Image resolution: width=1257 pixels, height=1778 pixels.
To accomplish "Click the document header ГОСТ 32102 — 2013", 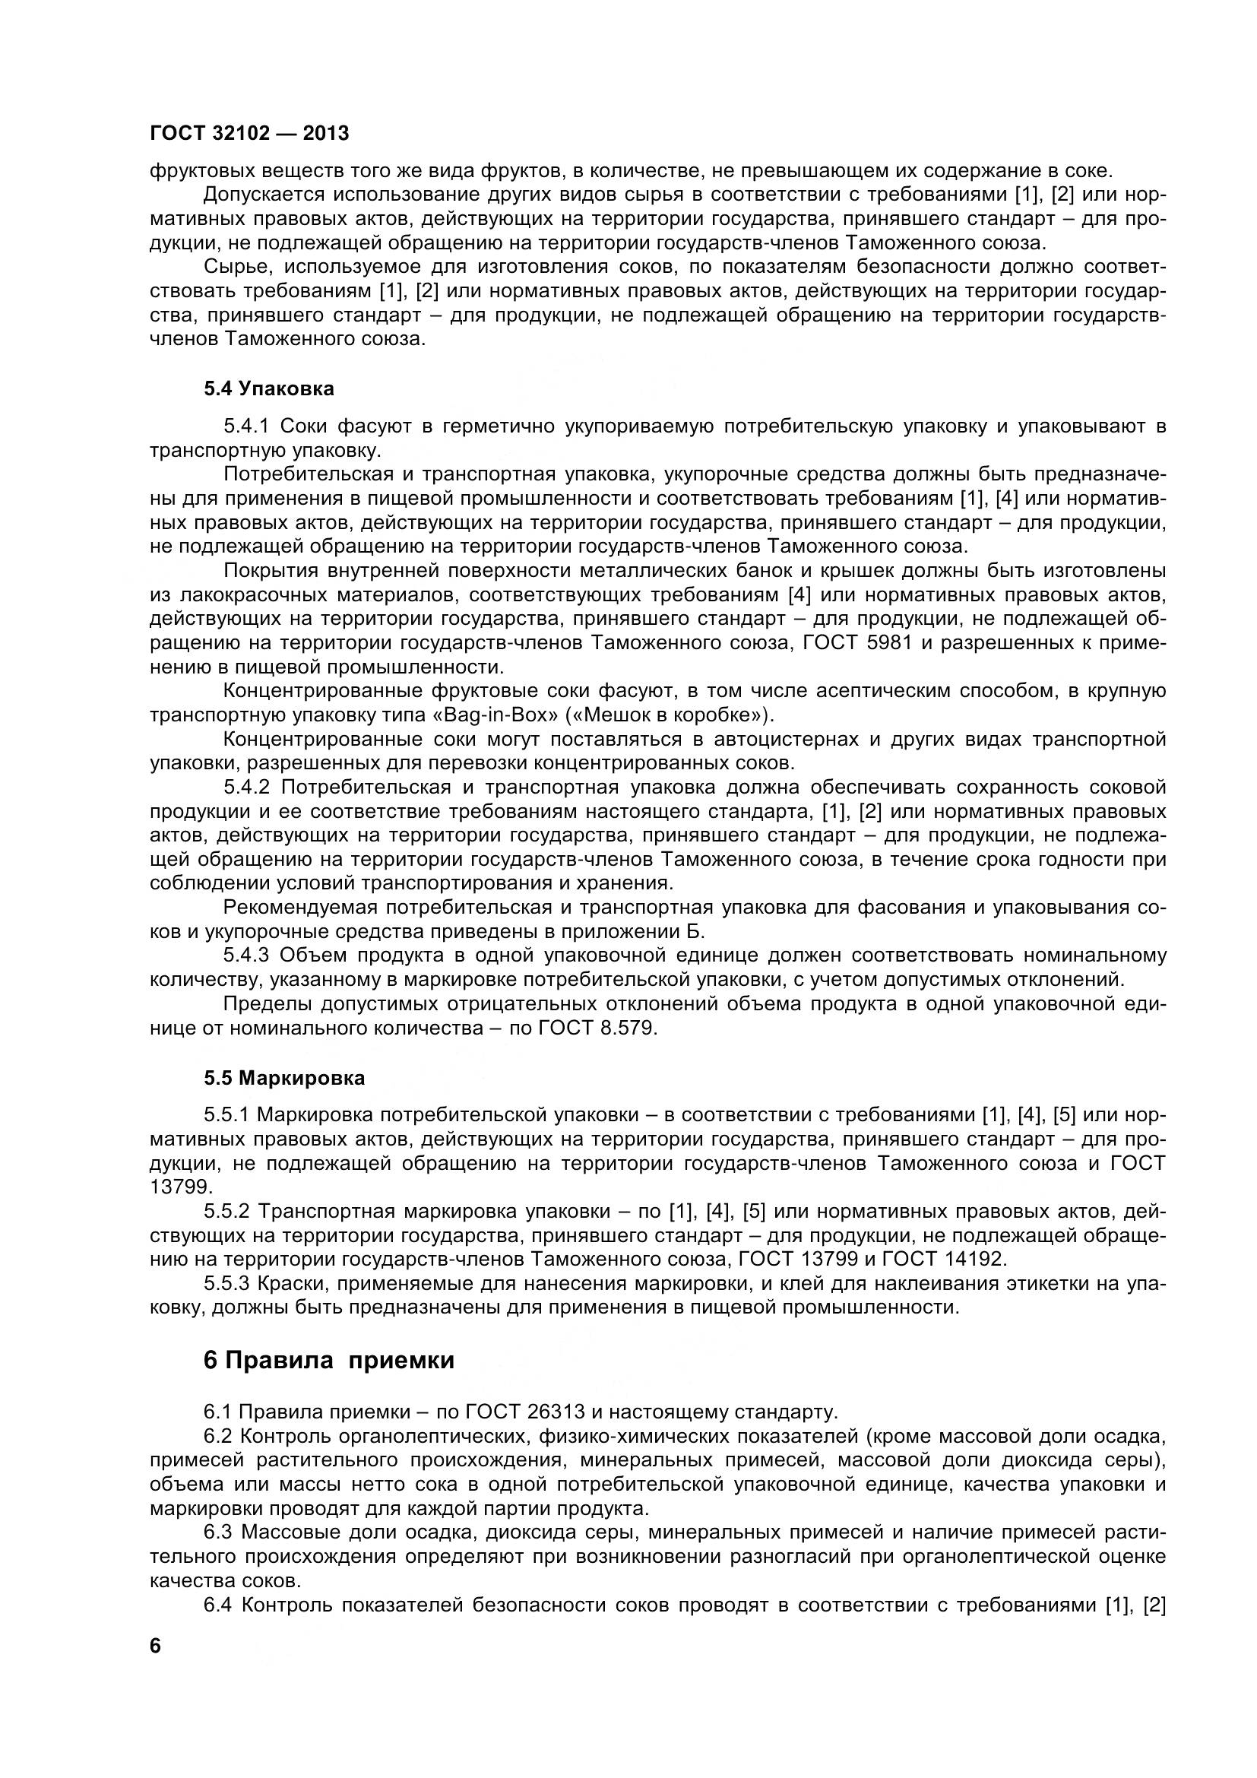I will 249,133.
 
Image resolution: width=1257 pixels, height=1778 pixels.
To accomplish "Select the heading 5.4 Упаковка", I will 268,388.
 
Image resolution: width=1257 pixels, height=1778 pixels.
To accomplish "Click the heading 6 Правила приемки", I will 328,1360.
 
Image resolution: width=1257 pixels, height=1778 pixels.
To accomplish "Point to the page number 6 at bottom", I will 156,1667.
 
